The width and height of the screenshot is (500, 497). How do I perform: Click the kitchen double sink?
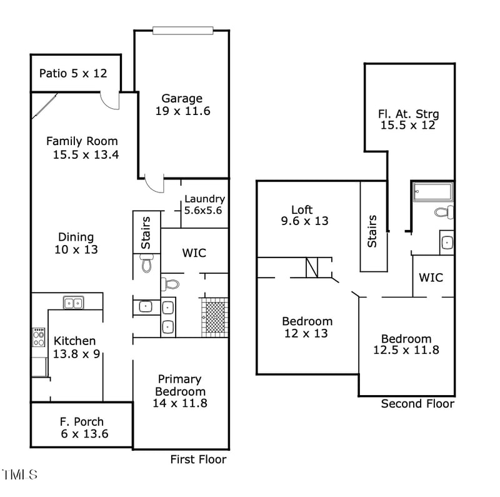tap(73, 303)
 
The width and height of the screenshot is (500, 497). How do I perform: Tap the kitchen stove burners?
tap(39, 337)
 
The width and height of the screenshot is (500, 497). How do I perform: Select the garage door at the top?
tap(182, 31)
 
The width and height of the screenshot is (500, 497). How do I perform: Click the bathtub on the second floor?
tap(432, 191)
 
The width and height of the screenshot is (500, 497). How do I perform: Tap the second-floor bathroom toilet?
tap(444, 212)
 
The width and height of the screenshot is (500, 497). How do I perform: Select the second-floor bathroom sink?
tap(447, 243)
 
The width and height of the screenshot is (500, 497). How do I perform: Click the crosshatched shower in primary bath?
tap(215, 318)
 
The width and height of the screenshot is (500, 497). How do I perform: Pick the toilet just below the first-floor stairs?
tap(146, 263)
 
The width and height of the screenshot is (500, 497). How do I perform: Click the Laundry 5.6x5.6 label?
tap(204, 204)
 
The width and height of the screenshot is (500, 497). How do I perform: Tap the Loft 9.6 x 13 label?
tap(304, 215)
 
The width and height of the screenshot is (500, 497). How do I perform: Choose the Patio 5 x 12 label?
tap(73, 73)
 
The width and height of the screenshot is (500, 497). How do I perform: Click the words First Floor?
tap(198, 459)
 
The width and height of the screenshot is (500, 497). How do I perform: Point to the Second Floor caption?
tap(417, 403)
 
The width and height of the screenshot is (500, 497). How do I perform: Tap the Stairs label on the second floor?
tap(372, 231)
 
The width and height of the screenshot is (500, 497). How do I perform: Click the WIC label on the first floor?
tap(194, 253)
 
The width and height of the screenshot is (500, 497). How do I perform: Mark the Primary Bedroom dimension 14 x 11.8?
tap(180, 403)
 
